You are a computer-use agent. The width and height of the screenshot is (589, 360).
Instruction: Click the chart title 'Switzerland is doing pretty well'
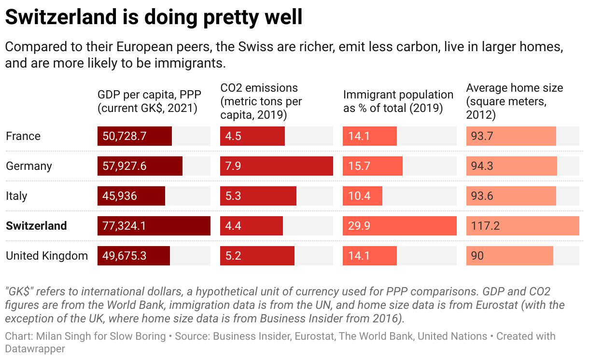(x=154, y=17)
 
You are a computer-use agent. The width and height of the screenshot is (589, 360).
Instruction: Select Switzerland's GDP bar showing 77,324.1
(x=154, y=226)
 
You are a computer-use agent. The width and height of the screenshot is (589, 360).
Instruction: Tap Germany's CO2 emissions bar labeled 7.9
(x=276, y=166)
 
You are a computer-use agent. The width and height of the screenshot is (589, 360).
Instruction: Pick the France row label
(x=23, y=136)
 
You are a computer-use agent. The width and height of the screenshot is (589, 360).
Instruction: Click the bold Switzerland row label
(x=36, y=226)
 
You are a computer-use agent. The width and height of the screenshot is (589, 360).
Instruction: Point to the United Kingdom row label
(x=47, y=256)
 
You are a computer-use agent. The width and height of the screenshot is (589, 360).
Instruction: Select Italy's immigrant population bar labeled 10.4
(x=362, y=196)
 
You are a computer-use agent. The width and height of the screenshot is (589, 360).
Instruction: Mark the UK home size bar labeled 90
(x=509, y=256)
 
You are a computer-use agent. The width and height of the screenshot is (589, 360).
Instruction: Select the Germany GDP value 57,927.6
(x=125, y=166)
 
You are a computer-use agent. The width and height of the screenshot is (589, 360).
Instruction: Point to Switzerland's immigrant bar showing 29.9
(x=399, y=226)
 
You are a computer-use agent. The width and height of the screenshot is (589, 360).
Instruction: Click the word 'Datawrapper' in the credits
(x=35, y=348)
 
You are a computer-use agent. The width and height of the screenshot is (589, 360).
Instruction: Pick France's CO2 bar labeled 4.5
(x=252, y=136)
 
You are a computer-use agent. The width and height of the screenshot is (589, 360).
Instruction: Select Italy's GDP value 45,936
(x=120, y=196)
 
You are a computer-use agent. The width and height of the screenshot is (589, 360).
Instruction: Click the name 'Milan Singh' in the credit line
(x=56, y=336)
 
